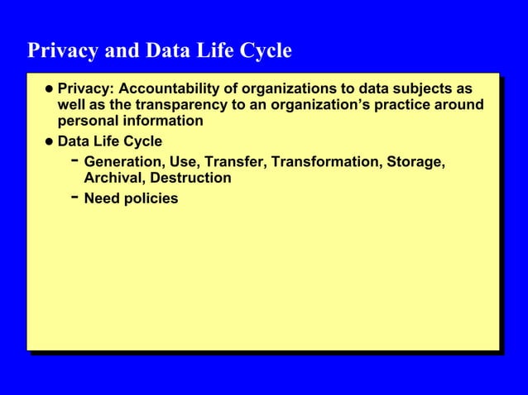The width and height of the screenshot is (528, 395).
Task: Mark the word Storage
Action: pyautogui.click(x=415, y=161)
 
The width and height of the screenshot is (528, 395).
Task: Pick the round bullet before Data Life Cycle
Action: pyautogui.click(x=49, y=142)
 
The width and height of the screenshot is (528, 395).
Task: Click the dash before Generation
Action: pyautogui.click(x=75, y=160)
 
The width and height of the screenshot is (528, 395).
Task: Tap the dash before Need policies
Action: pyautogui.click(x=75, y=197)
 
